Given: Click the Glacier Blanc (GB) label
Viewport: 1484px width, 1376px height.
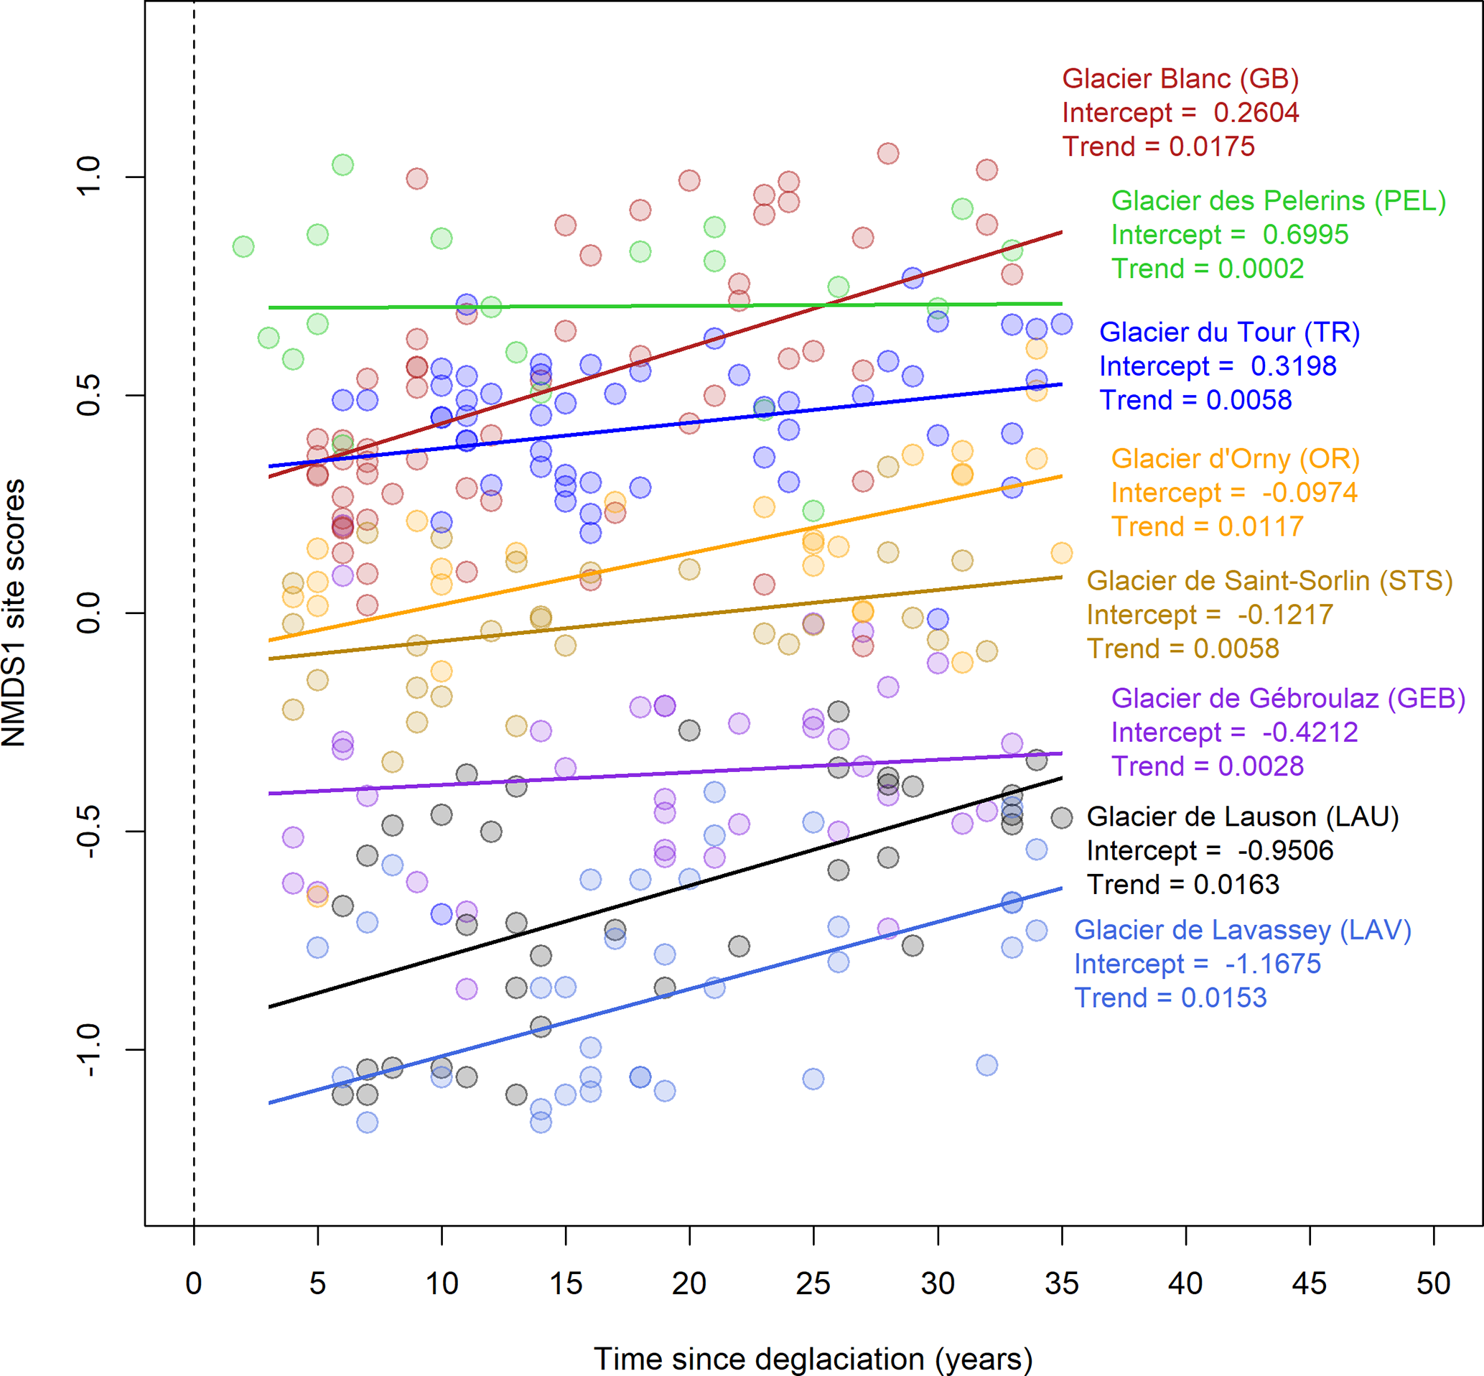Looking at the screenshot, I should coord(1180,79).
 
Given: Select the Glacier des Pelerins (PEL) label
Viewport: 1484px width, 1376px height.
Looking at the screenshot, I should coord(1278,201).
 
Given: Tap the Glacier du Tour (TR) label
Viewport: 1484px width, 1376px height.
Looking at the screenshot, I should coord(1228,332).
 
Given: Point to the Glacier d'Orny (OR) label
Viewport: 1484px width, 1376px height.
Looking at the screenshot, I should coord(1235,459).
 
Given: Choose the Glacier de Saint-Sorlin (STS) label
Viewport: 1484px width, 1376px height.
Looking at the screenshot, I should coord(1269,581).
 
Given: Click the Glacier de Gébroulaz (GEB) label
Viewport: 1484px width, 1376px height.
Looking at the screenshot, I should coord(1287,699).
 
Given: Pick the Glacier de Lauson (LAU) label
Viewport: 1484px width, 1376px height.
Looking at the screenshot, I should coord(1242,817).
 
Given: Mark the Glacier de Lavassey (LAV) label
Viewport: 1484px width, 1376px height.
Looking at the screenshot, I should coord(1242,930).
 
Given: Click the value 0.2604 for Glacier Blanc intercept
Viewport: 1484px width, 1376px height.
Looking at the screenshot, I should coord(1256,113).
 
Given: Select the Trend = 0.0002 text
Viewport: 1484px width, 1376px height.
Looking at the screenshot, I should coord(1207,269).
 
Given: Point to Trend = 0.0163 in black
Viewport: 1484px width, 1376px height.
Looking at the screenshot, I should coord(1182,885).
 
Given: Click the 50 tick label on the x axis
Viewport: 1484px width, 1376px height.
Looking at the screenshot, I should coord(1432,1283).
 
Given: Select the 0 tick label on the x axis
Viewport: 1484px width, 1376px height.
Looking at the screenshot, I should coord(194,1283).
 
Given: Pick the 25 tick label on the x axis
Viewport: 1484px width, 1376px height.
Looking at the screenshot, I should coord(813,1283).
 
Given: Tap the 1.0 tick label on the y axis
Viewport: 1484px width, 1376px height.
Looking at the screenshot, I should coord(88,177).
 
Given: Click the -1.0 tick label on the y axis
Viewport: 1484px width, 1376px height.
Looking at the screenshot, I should coord(88,1049).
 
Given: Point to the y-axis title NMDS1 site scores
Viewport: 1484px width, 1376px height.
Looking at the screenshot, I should coord(15,612).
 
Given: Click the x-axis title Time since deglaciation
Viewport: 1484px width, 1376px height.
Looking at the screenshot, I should coord(813,1358).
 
